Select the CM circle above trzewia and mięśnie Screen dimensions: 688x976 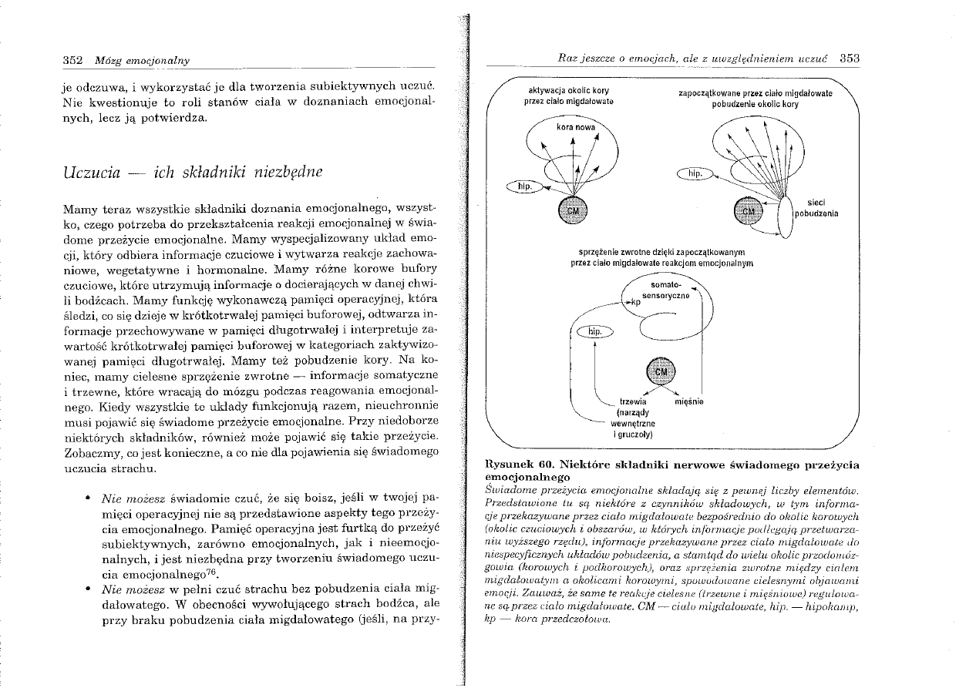click(661, 372)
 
